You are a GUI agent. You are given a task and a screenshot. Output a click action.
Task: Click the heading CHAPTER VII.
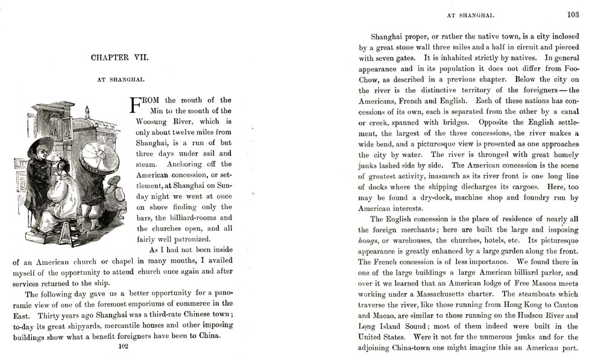[119, 58]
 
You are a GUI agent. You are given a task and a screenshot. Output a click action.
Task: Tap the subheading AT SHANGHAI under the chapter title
[119, 78]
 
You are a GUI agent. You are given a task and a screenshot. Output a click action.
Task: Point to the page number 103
[572, 15]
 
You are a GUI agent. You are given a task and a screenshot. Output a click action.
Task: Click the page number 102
[124, 346]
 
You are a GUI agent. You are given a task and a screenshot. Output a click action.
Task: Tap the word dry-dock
[430, 197]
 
